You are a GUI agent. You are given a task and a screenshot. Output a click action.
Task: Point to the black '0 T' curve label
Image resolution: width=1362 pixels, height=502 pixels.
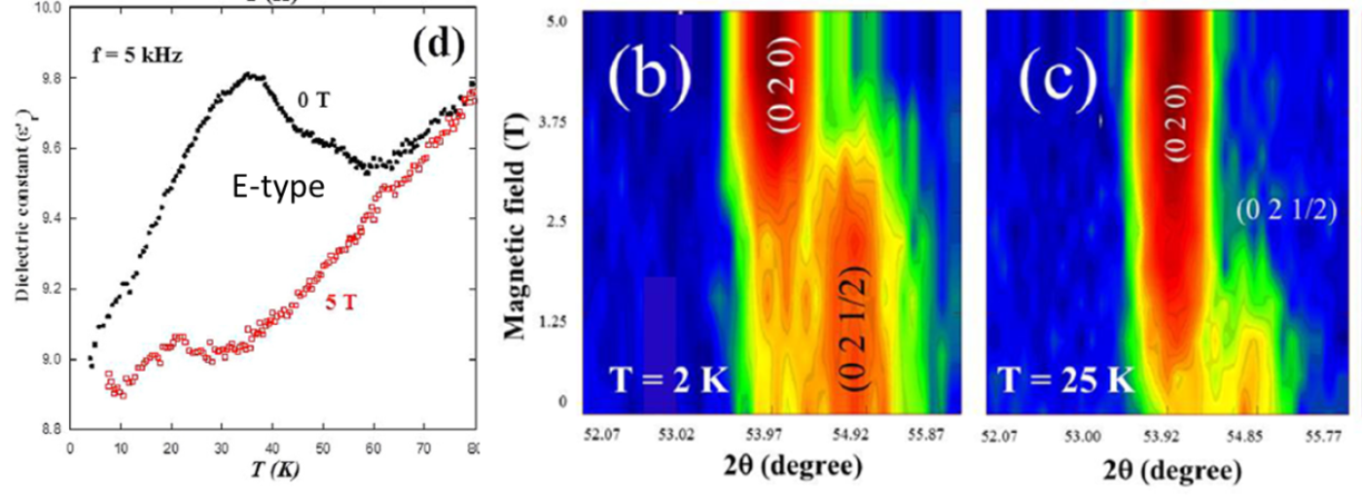tap(316, 102)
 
